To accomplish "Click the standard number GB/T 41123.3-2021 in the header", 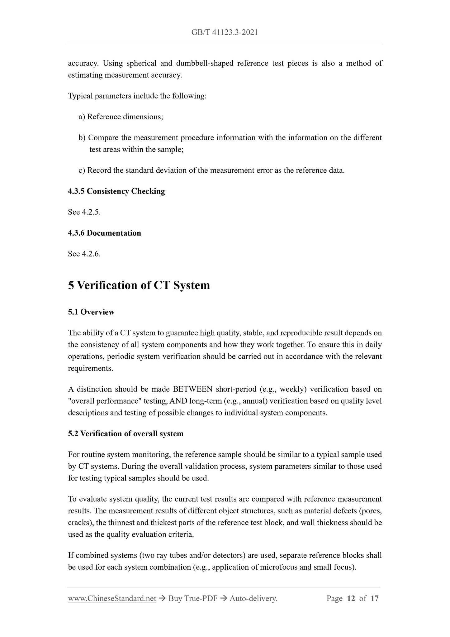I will (225, 32).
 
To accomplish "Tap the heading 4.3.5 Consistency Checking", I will (116, 191).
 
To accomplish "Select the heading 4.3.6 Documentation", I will (104, 233).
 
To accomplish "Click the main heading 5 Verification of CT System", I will (139, 285).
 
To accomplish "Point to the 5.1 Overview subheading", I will (91, 312).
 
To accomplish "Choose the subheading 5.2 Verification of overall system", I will (126, 433).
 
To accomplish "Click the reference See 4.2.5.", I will (84, 212).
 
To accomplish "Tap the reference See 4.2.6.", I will (84, 254).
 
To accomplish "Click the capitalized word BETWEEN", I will (193, 389).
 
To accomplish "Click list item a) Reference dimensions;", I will (121, 117).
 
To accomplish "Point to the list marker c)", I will (82, 170).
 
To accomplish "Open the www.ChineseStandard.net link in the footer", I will (112, 598).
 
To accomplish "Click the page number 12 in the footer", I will (351, 598).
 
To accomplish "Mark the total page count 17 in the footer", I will (375, 598).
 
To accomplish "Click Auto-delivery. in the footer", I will (253, 598).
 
